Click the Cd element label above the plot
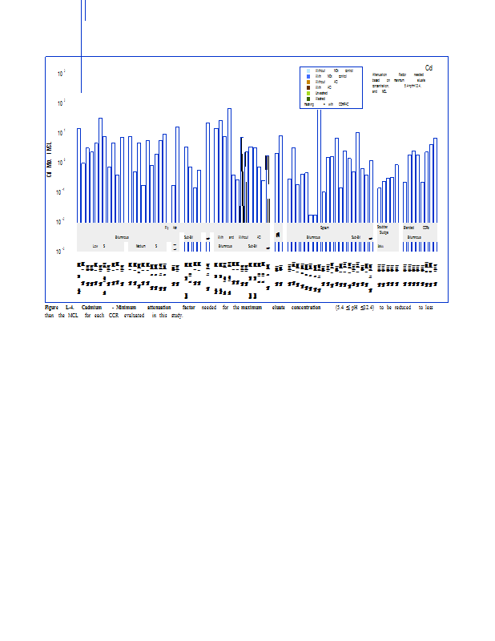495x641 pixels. tap(429, 67)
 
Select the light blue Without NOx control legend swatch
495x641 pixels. tap(308, 71)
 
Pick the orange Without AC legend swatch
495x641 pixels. tap(308, 82)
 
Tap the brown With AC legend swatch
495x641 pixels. tap(308, 87)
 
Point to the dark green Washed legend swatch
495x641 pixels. tap(308, 99)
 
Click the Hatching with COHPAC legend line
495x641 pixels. tap(325, 104)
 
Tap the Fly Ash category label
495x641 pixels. tap(171, 228)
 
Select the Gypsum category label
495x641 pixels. tap(324, 228)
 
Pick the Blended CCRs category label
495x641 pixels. tap(420, 228)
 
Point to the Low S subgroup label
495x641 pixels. tap(99, 246)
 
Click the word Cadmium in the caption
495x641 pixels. tap(91, 308)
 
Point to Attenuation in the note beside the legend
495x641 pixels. tap(380, 74)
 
